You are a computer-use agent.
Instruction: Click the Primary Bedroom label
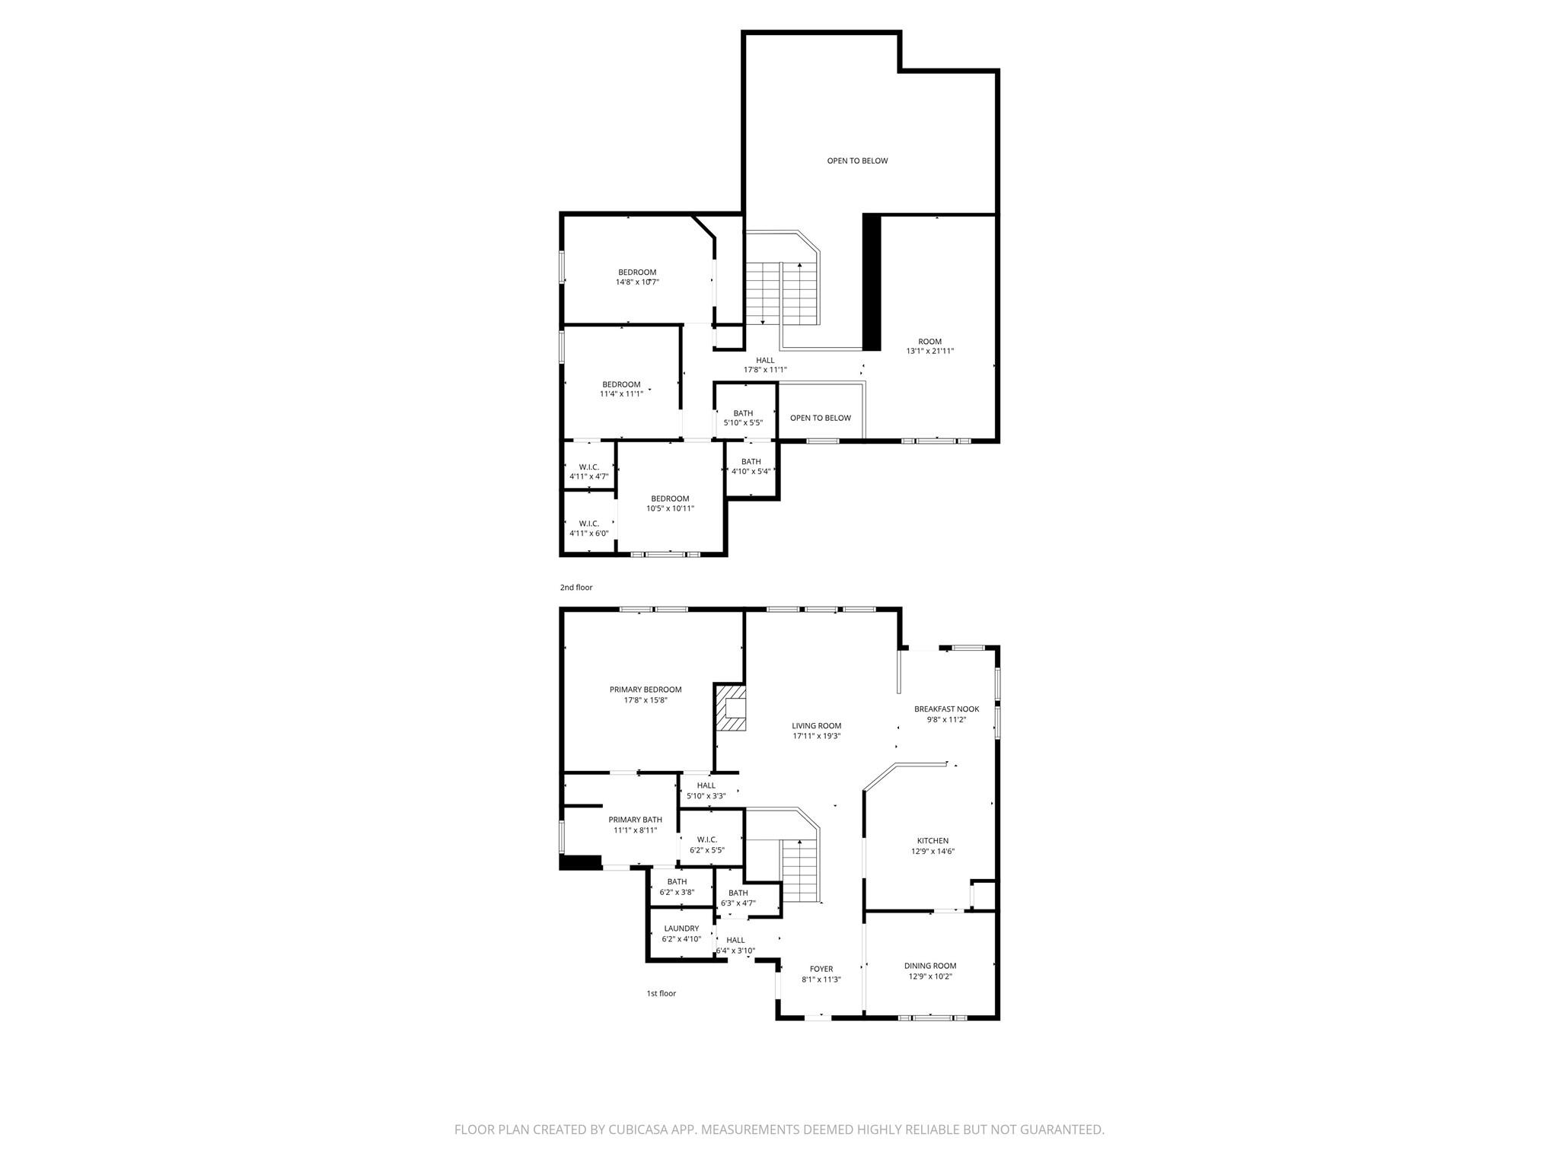pos(646,690)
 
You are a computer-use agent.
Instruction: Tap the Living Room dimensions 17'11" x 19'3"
pos(817,736)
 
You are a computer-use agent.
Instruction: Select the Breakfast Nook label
pos(946,709)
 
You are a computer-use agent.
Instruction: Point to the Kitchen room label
pos(933,841)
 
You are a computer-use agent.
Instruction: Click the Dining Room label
pos(930,966)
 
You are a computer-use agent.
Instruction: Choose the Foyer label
pos(821,969)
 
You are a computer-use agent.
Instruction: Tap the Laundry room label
pos(681,929)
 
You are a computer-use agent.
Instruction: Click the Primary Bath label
pos(636,820)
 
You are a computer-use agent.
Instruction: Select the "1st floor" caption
pos(662,993)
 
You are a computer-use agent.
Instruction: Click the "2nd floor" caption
pos(576,588)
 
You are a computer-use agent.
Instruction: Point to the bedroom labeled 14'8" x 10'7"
pos(637,277)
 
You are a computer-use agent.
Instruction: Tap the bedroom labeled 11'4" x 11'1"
pos(621,389)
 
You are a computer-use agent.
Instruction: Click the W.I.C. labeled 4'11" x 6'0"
pos(589,528)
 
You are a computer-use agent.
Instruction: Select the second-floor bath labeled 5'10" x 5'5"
pos(743,418)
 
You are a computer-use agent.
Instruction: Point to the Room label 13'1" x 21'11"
pos(930,346)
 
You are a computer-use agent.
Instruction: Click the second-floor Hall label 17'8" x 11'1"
pos(765,365)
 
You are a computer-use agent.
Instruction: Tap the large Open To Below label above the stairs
pos(858,161)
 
